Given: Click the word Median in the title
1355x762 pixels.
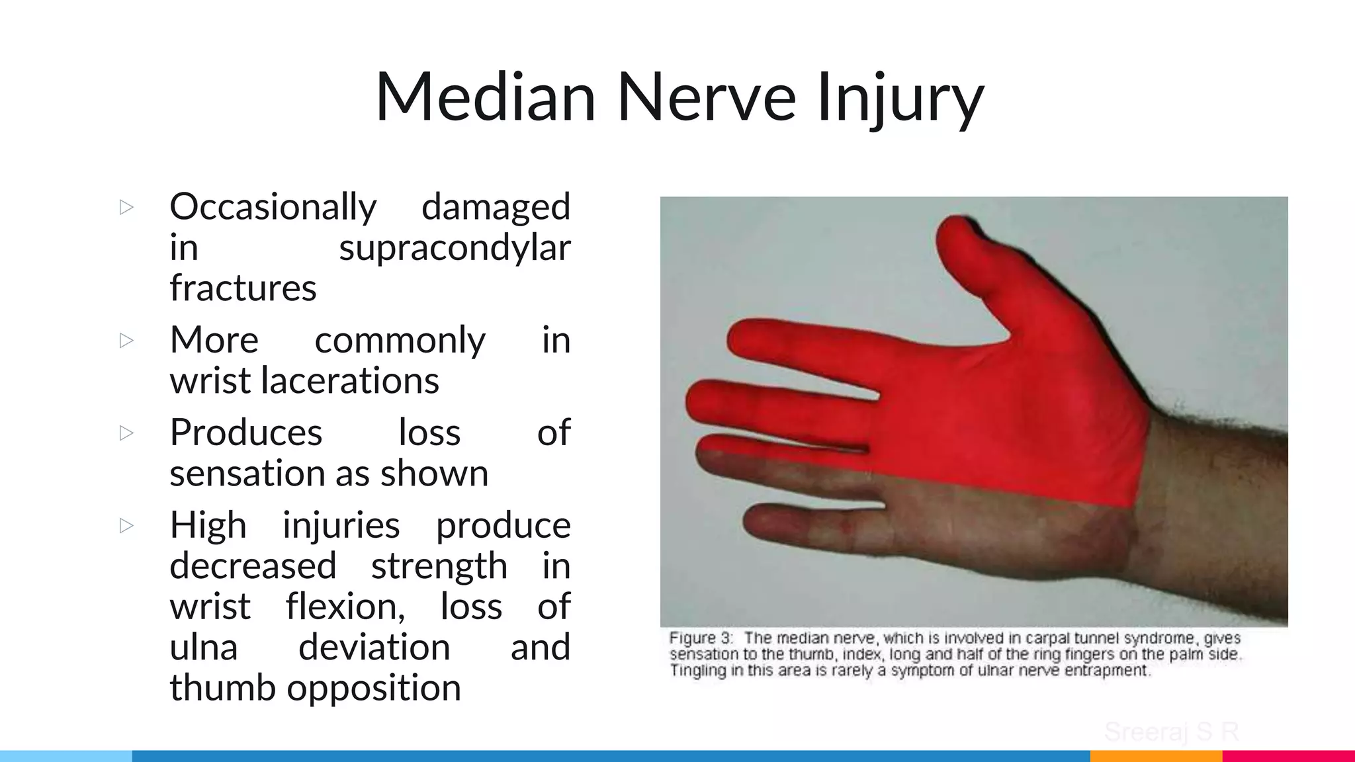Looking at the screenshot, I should point(486,98).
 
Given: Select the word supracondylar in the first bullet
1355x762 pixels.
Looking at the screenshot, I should point(455,248).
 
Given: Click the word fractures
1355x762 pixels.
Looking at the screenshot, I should point(243,288).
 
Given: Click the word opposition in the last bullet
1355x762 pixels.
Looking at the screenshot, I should point(374,688).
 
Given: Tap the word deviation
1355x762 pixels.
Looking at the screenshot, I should point(374,647).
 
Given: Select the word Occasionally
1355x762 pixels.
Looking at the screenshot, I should point(273,207).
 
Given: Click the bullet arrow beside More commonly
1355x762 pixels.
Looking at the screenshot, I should point(126,341).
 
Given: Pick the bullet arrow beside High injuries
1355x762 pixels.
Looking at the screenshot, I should point(126,526).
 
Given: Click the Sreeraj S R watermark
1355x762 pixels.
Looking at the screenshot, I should point(1171,732).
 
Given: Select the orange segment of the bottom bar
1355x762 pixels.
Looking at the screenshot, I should point(1155,756).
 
